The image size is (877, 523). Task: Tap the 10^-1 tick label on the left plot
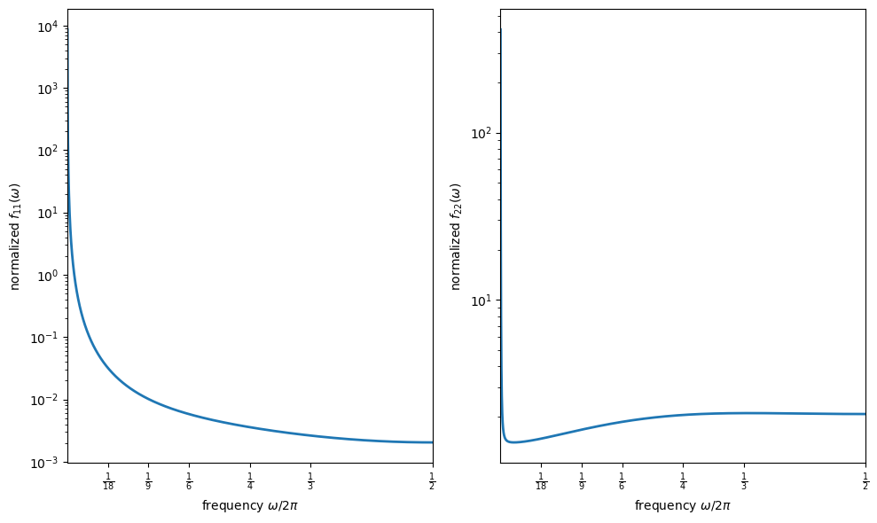coord(45,337)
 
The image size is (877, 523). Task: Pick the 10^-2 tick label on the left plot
coord(45,400)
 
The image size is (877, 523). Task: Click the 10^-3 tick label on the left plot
coord(45,462)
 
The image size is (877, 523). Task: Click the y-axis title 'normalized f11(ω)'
coord(15,236)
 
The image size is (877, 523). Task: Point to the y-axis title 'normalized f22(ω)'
coord(456,236)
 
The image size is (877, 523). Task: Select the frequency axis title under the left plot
coord(250,505)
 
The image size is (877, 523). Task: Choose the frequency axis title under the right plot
coord(683,505)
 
